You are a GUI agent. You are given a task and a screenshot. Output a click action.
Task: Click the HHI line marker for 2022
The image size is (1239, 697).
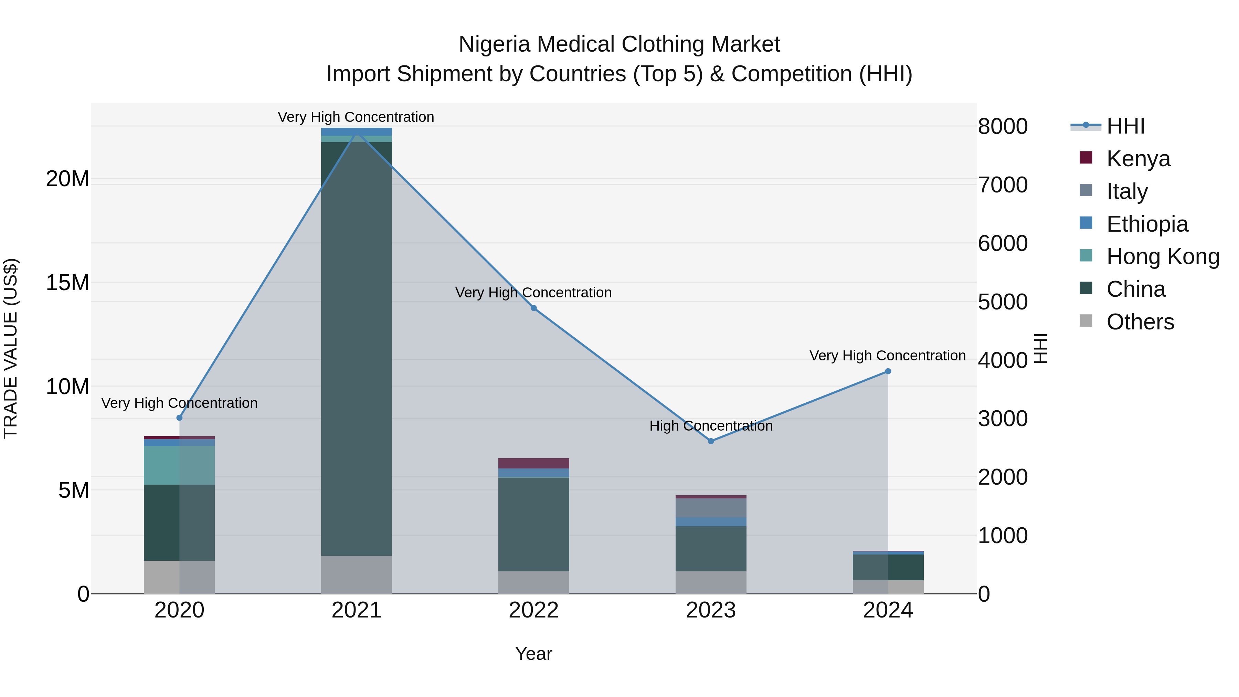(x=533, y=308)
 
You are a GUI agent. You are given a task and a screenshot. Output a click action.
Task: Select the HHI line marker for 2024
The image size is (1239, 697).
(x=888, y=371)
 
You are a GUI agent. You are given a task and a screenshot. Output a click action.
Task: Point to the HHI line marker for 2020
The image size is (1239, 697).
(x=179, y=418)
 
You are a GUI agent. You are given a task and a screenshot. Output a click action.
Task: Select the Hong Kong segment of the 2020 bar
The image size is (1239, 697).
(x=179, y=465)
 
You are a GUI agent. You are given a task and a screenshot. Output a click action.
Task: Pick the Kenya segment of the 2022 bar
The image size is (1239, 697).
(x=533, y=463)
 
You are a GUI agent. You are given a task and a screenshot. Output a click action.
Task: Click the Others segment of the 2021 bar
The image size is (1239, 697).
(x=357, y=574)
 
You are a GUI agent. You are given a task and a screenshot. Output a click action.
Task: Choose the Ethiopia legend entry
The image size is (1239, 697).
(x=1147, y=224)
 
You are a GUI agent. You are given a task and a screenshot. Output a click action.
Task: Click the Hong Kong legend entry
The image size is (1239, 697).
(x=1163, y=256)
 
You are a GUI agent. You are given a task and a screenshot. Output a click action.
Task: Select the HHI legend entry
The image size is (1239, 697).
(x=1125, y=126)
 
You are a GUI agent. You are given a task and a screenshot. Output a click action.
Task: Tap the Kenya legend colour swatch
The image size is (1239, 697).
(x=1086, y=158)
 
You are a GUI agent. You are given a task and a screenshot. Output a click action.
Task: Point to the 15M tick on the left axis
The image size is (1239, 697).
(x=67, y=283)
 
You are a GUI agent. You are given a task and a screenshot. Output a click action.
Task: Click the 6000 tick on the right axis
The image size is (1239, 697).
(x=1003, y=243)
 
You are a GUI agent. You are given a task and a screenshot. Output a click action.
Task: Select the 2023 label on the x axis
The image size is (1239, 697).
(x=711, y=610)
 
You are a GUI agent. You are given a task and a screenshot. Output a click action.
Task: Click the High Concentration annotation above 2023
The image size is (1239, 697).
(x=711, y=426)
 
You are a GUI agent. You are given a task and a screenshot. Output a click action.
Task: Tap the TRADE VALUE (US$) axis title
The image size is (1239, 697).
(x=11, y=348)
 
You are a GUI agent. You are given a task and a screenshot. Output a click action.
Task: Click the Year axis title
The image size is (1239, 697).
(x=533, y=654)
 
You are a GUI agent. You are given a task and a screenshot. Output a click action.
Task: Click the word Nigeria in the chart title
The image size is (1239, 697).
(x=495, y=44)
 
